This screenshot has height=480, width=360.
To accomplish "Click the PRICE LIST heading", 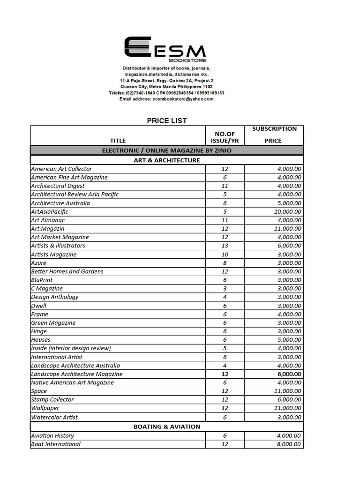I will click(x=167, y=120).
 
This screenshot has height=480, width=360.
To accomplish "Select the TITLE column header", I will click(x=118, y=140).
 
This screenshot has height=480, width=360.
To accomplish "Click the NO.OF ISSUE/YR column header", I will click(x=225, y=137).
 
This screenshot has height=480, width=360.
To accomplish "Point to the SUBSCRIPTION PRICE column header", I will click(x=274, y=135).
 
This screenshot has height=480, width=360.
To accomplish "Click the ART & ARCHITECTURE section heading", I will click(x=167, y=160).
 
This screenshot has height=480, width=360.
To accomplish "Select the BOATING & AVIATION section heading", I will click(x=167, y=427).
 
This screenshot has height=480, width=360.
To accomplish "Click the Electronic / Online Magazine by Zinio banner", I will click(x=167, y=150).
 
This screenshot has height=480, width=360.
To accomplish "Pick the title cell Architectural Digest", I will click(x=58, y=186).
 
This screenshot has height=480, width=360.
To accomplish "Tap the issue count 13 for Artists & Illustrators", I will click(x=225, y=246).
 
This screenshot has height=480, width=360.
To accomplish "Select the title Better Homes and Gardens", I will click(x=67, y=271).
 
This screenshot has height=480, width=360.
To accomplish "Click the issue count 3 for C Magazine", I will click(x=225, y=288).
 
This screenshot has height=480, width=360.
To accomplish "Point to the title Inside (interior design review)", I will click(x=71, y=348).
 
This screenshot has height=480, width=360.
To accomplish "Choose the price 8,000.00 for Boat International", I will click(x=287, y=444).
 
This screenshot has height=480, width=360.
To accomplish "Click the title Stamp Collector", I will click(x=52, y=399).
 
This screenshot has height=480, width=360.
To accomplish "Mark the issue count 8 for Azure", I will click(x=225, y=263).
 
